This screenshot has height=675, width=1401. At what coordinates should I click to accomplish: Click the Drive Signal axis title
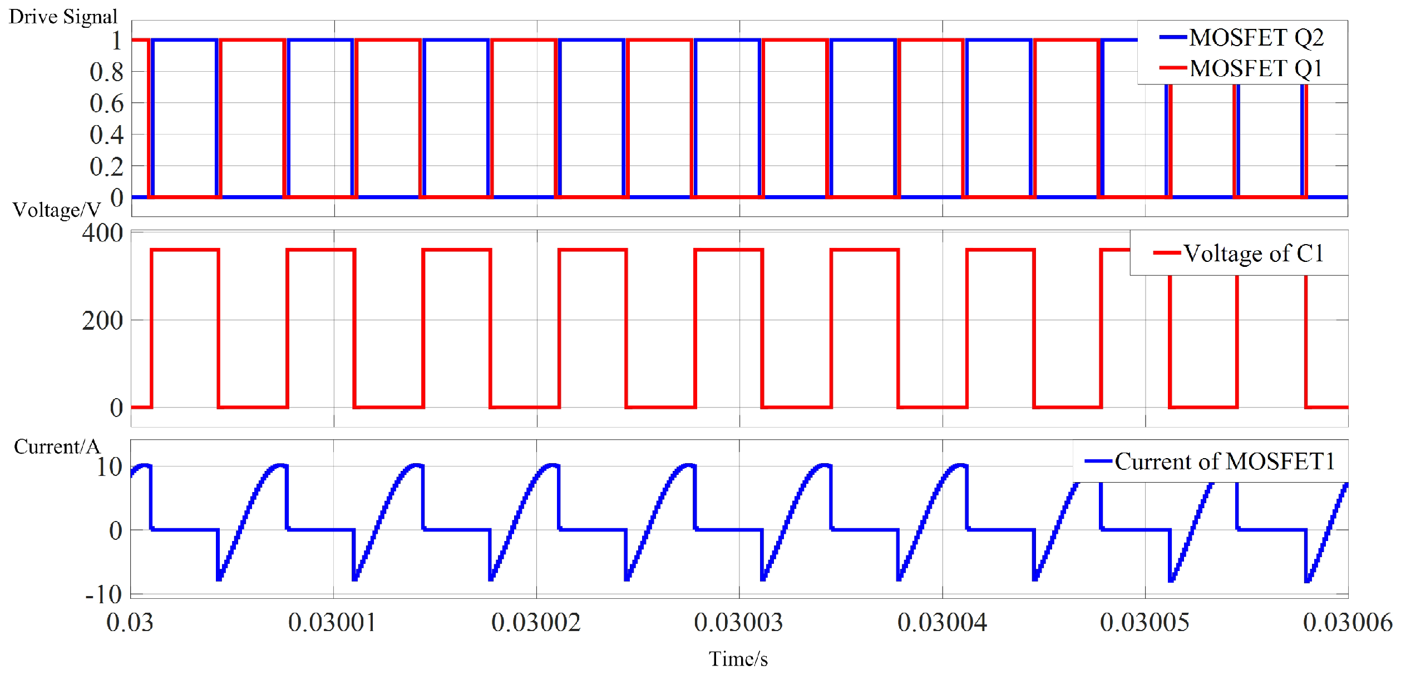(x=63, y=17)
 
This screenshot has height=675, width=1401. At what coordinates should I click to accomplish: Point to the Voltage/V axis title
(x=56, y=210)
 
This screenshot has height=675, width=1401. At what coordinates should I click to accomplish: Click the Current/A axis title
(x=56, y=446)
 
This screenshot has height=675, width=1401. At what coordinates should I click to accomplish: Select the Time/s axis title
(x=738, y=659)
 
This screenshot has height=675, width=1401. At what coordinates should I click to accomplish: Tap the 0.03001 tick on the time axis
(x=332, y=623)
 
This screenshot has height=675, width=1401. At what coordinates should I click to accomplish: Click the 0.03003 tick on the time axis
(x=738, y=623)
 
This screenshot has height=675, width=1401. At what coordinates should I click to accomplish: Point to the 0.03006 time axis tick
(x=1347, y=623)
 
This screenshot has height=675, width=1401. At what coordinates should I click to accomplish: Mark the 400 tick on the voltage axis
(x=102, y=233)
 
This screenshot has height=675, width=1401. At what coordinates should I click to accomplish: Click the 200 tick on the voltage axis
(x=102, y=321)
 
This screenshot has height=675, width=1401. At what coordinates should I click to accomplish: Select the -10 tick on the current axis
(x=103, y=594)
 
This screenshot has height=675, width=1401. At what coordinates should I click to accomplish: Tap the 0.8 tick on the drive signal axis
(x=106, y=72)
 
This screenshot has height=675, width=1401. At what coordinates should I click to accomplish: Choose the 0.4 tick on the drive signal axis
(x=106, y=135)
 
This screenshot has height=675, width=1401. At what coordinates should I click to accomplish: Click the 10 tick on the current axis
(x=109, y=467)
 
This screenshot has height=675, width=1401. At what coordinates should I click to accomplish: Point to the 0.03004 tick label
(x=941, y=623)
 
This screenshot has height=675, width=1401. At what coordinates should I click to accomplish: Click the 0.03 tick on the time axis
(x=130, y=623)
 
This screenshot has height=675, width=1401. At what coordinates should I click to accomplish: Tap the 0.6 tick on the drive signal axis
(x=106, y=103)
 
